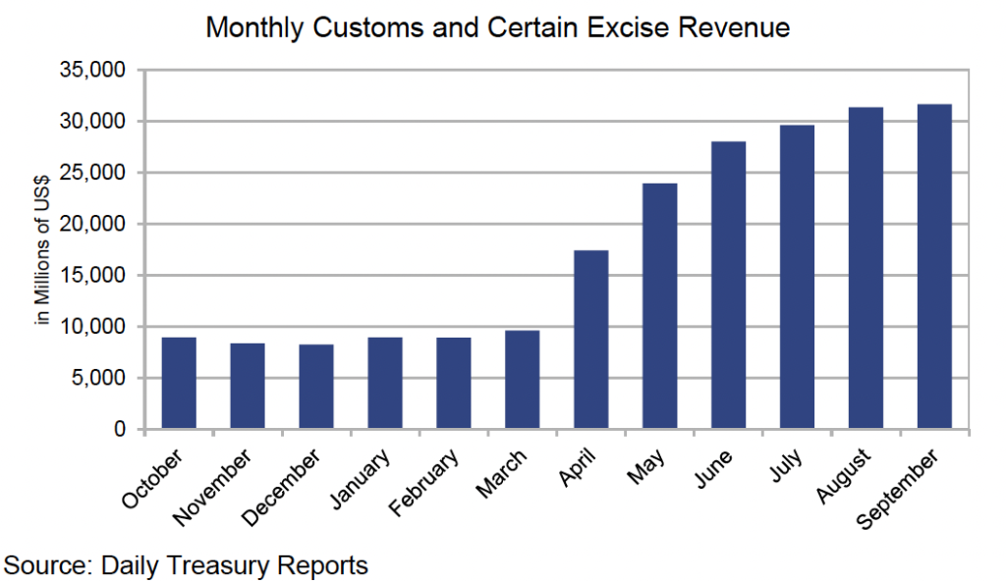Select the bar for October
point(179,384)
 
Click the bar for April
point(591,340)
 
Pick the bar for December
point(316,387)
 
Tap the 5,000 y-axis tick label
point(100,379)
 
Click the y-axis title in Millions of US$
point(42,249)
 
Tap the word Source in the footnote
point(42,565)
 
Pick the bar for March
point(523,380)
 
